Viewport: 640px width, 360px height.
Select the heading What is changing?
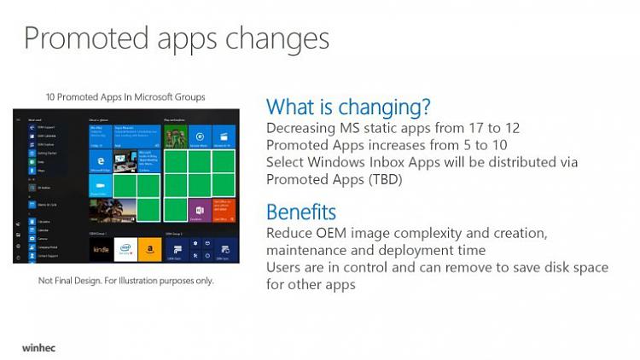[348, 107]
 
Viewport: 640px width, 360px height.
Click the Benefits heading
[301, 212]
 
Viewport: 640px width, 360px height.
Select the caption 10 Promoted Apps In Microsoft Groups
[125, 96]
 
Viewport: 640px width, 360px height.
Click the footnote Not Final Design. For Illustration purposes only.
[126, 280]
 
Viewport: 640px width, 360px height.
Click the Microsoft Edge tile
[100, 161]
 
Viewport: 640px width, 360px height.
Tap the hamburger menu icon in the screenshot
[18, 119]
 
